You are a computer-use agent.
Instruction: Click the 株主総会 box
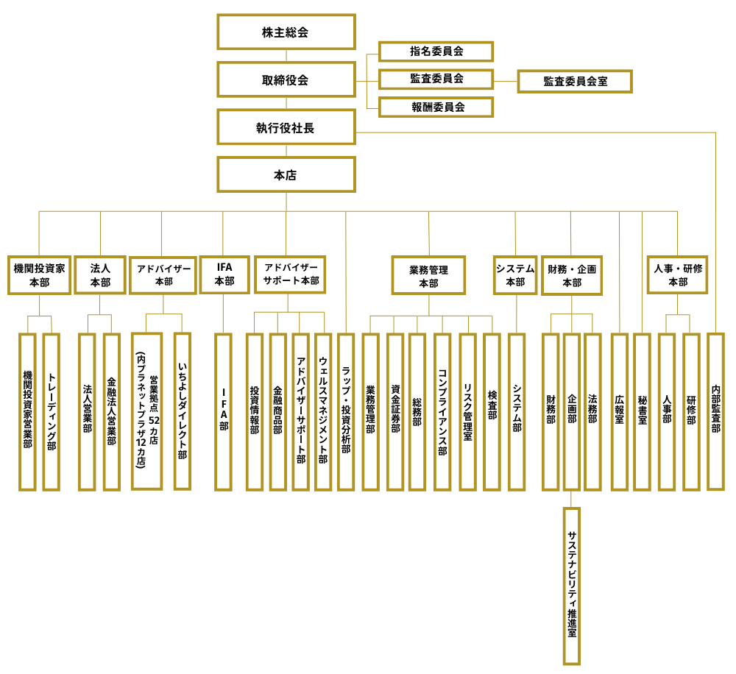286,32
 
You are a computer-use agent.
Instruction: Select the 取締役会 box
286,79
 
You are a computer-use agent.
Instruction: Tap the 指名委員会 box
436,52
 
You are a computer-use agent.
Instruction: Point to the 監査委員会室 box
575,81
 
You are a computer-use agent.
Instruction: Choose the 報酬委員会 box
436,107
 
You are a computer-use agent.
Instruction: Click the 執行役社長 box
286,127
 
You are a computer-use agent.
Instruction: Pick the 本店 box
286,175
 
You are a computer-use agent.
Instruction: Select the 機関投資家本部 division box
39,275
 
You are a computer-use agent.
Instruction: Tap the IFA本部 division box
224,274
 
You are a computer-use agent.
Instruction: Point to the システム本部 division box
515,274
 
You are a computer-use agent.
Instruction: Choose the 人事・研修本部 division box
678,274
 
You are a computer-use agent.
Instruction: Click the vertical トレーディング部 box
51,411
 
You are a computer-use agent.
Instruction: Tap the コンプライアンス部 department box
442,411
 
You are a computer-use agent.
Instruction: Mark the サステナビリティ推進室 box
572,586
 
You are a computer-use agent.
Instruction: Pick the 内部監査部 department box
716,411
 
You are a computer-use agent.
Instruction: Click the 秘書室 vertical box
643,411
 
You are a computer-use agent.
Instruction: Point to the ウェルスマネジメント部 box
323,411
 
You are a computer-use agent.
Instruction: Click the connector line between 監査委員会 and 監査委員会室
505,81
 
